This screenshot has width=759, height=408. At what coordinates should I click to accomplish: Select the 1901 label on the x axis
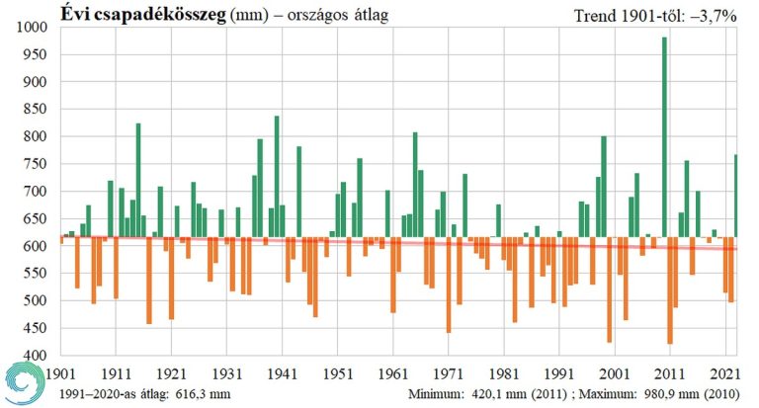tap(60, 375)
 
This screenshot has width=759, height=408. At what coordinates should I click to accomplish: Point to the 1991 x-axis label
tap(559, 375)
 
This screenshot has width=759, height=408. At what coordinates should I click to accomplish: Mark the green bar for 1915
tap(138, 180)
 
